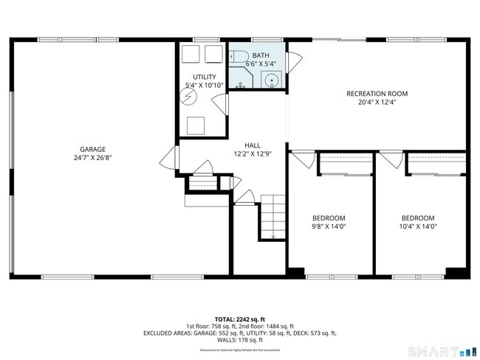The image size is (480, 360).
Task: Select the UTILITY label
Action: [205, 77]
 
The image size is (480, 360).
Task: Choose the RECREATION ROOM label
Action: [377, 94]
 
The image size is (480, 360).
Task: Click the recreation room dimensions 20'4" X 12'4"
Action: [377, 103]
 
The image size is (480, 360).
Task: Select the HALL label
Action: [253, 145]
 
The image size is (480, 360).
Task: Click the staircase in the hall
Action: [272, 216]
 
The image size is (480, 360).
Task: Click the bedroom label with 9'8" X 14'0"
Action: [329, 218]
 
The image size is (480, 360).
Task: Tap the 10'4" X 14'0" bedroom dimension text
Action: [418, 227]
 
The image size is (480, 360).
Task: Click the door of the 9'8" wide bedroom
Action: [302, 159]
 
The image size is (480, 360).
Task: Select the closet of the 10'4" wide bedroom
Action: [436, 163]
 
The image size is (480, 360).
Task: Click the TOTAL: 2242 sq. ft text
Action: [239, 319]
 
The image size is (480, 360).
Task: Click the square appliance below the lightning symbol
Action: [196, 125]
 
